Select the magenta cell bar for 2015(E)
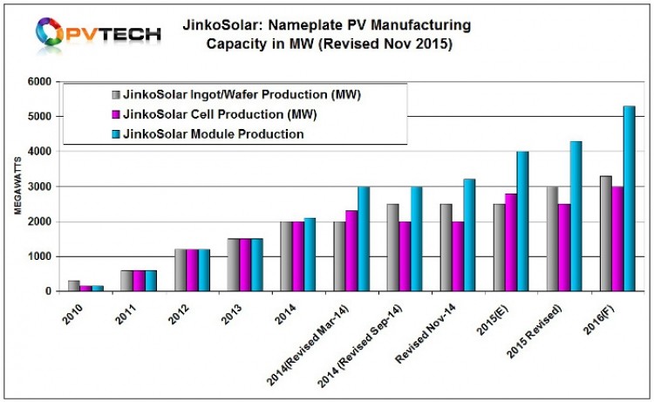(509, 242)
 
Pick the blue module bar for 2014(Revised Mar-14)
(363, 239)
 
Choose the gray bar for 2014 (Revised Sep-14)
(392, 248)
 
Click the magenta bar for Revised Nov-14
(457, 256)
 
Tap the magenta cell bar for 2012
(191, 270)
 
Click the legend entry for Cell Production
(201, 114)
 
